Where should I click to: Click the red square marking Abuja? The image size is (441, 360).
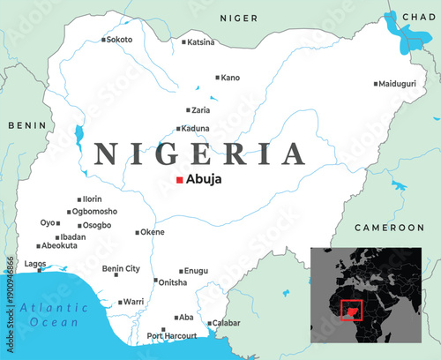pyautogui.click(x=180, y=180)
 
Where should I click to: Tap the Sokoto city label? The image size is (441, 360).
pyautogui.click(x=119, y=40)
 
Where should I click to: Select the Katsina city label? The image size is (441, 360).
pyautogui.click(x=201, y=41)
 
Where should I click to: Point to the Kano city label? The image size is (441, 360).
pyautogui.click(x=229, y=78)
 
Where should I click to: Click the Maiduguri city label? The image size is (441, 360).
pyautogui.click(x=396, y=84)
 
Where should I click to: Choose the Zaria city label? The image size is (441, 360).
pyautogui.click(x=201, y=110)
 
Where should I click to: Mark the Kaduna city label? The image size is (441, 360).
pyautogui.click(x=195, y=128)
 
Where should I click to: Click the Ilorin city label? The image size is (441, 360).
pyautogui.click(x=93, y=199)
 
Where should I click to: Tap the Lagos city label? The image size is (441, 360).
pyautogui.click(x=35, y=264)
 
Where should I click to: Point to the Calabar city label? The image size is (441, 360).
pyautogui.click(x=226, y=323)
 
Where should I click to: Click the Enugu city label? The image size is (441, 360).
pyautogui.click(x=197, y=272)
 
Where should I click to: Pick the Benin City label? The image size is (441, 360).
pyautogui.click(x=121, y=268)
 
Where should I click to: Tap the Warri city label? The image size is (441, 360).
pyautogui.click(x=133, y=302)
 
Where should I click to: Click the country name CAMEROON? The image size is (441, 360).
pyautogui.click(x=389, y=228)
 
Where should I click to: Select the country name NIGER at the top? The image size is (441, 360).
pyautogui.click(x=238, y=18)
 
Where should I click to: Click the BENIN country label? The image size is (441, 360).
pyautogui.click(x=26, y=125)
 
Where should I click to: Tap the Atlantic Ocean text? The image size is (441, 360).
pyautogui.click(x=55, y=315)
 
